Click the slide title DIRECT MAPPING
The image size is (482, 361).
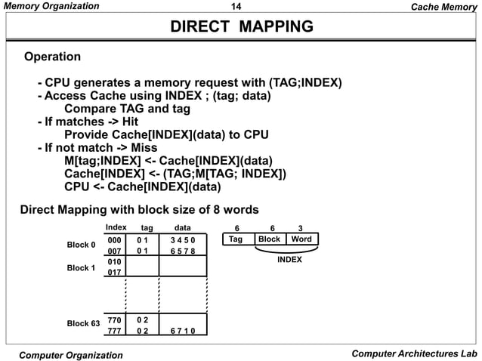click(x=241, y=28)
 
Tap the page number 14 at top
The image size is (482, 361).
click(x=240, y=7)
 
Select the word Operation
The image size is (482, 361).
click(x=53, y=57)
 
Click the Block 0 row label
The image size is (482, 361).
click(x=81, y=245)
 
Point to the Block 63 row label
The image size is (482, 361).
click(x=83, y=324)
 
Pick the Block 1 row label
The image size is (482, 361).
click(x=81, y=267)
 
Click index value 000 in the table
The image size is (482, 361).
click(x=114, y=239)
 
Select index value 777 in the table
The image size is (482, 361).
click(x=114, y=331)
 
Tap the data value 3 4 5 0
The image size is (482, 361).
click(x=182, y=239)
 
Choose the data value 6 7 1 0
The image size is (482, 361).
click(x=182, y=331)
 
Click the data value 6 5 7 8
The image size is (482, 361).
click(x=182, y=251)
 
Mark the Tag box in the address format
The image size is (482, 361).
click(x=236, y=239)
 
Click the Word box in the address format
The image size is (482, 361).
click(x=301, y=239)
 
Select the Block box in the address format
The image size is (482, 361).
click(x=269, y=239)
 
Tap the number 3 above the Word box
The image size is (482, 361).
click(x=301, y=227)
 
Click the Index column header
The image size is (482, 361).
click(x=116, y=227)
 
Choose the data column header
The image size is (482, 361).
click(x=182, y=227)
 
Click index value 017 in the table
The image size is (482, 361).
click(x=114, y=273)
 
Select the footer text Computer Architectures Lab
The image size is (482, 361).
click(x=414, y=353)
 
